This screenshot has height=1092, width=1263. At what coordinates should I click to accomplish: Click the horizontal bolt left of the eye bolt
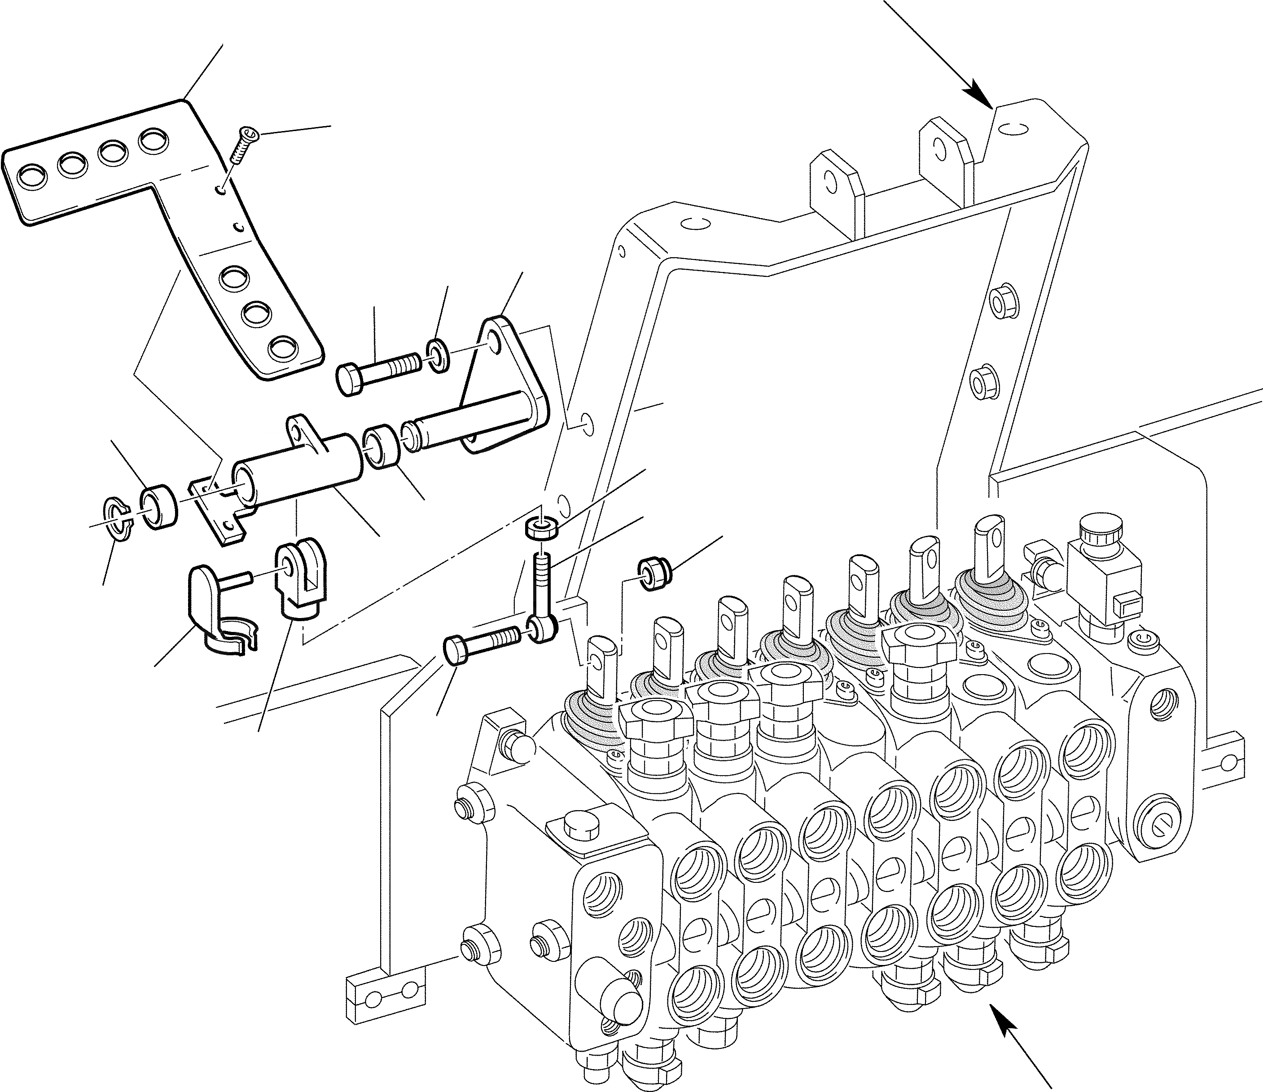click(482, 645)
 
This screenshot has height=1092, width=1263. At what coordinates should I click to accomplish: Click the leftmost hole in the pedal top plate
click(31, 176)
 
